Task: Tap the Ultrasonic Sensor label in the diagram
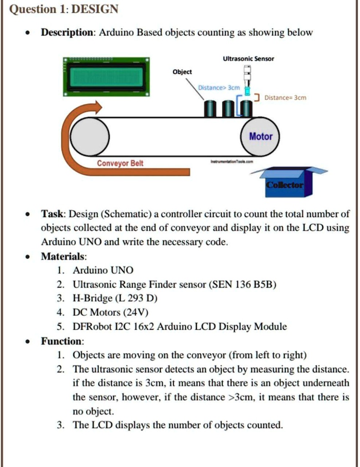[248, 59]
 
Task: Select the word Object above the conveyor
[182, 72]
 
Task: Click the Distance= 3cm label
[285, 98]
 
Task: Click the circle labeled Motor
[261, 136]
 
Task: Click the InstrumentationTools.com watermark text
[231, 162]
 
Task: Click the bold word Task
[53, 214]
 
